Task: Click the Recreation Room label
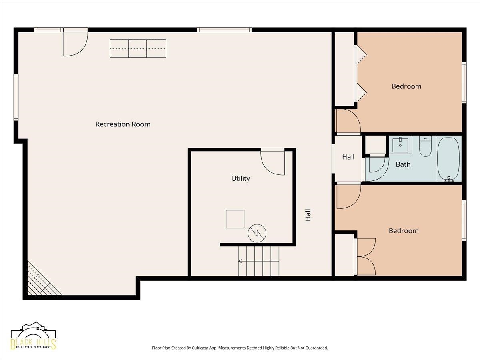(x=123, y=124)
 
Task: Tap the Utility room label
(x=240, y=178)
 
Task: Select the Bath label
(x=403, y=164)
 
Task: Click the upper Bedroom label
(x=406, y=86)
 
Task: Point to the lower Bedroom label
(x=404, y=231)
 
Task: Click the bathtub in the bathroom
(x=448, y=159)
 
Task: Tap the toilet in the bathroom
(x=425, y=146)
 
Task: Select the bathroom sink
(x=400, y=145)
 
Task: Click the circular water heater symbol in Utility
(x=257, y=233)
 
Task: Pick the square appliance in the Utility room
(x=235, y=219)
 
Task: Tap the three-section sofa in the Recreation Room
(x=138, y=48)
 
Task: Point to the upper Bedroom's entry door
(x=348, y=121)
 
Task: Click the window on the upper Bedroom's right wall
(x=464, y=83)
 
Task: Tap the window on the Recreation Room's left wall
(x=16, y=97)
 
